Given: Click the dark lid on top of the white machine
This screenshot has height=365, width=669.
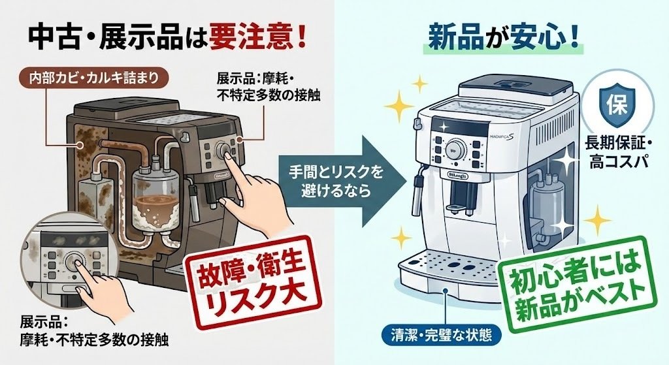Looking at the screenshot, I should (508, 84).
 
